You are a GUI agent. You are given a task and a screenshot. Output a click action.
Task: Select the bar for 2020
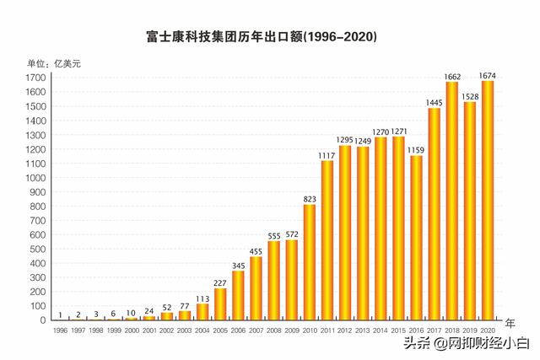click(487, 200)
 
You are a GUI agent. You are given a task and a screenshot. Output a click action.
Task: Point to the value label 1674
click(487, 75)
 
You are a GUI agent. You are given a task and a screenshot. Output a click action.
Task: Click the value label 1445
click(434, 103)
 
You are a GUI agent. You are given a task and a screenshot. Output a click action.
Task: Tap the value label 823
click(309, 199)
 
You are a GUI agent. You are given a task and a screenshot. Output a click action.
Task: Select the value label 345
click(238, 266)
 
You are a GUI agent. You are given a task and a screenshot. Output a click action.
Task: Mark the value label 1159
click(416, 150)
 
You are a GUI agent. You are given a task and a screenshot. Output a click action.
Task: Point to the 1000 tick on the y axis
click(35, 178)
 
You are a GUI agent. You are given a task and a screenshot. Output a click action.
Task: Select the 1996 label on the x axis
click(60, 331)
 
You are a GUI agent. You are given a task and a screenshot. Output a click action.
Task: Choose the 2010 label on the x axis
click(309, 331)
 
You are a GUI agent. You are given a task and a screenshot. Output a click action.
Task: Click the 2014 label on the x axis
click(380, 331)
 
